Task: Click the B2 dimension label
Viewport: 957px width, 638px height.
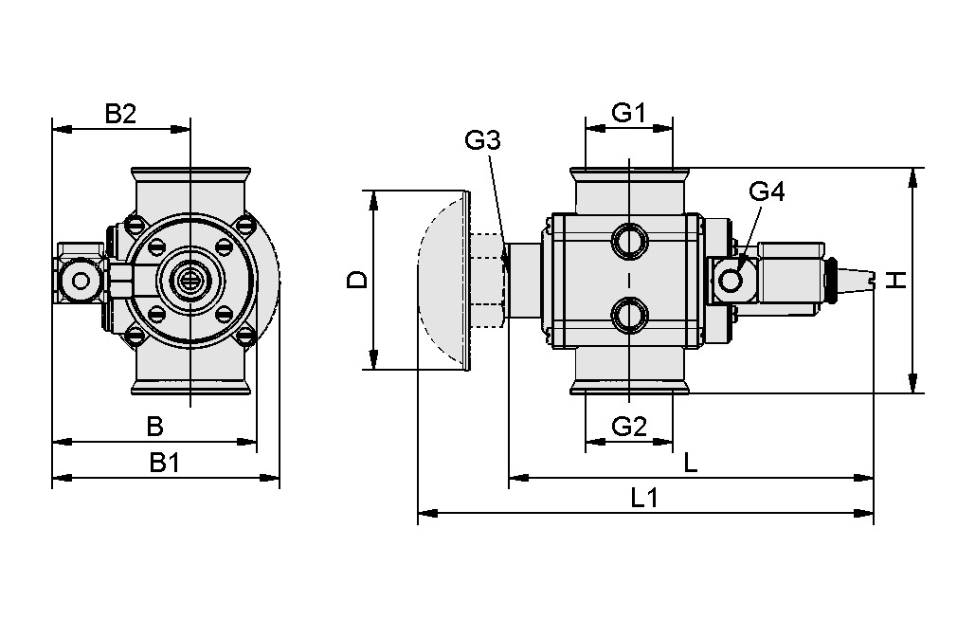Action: point(120,115)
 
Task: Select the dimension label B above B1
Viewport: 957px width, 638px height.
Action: point(154,428)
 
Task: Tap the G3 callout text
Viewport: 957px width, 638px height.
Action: point(482,141)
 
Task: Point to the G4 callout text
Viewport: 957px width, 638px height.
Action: point(767,191)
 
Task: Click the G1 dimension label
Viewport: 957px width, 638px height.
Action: point(628,114)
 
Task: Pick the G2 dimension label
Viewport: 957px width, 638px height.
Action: point(628,427)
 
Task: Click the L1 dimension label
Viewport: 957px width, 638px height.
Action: point(644,498)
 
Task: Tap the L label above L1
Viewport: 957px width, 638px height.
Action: point(691,463)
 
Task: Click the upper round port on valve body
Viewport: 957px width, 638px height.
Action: point(628,241)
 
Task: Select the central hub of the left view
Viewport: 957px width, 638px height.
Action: point(190,281)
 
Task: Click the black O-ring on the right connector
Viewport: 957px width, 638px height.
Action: point(832,281)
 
